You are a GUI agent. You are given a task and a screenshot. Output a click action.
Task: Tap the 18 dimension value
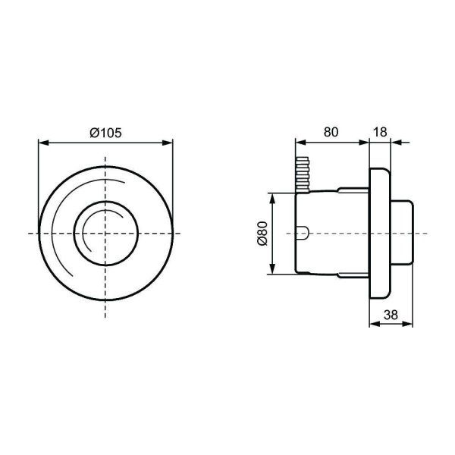click(381, 131)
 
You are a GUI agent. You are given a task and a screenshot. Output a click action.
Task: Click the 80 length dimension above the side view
click(331, 131)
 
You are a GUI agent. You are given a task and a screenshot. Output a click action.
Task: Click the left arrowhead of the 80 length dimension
click(300, 142)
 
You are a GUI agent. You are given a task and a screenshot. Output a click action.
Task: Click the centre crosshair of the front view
click(105, 233)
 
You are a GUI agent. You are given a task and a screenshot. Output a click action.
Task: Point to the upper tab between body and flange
click(353, 190)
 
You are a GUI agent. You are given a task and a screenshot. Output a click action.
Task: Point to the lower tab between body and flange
click(353, 275)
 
